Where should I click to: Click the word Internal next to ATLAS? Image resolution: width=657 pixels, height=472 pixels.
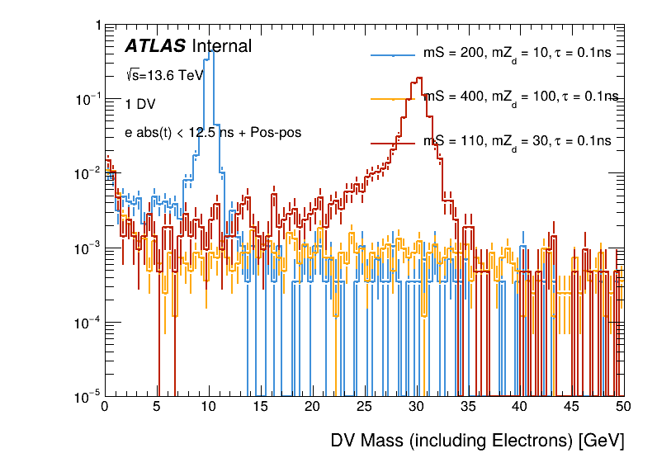[221, 46]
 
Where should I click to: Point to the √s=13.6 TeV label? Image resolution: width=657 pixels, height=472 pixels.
[164, 75]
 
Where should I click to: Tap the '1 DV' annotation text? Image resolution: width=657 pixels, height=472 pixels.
[141, 105]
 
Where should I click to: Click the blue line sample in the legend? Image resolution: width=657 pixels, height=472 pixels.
[393, 54]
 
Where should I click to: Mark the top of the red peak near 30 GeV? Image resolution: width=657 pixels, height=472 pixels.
[418, 78]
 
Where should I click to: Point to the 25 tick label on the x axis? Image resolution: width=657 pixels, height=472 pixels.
[364, 407]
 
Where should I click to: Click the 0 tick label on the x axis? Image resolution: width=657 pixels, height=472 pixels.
[105, 407]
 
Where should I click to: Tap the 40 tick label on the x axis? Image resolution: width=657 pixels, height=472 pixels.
[520, 407]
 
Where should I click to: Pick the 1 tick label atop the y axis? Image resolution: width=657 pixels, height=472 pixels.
[97, 26]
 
